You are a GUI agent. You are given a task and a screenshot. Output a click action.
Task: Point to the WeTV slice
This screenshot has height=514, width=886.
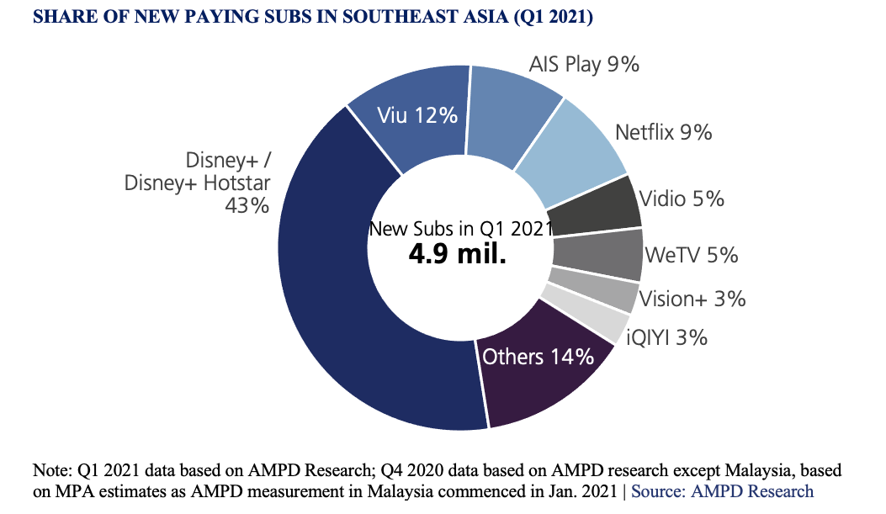597,254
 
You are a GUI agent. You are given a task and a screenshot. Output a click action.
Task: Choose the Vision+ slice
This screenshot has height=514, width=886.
593,290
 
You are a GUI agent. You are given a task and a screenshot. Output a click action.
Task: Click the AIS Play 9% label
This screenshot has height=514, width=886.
584,64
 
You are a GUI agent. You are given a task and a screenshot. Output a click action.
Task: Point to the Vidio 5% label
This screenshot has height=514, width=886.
682,199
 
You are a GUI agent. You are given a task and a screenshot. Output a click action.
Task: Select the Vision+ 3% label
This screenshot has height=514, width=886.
692,299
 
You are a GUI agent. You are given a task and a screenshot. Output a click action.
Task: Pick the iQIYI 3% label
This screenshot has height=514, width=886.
666,338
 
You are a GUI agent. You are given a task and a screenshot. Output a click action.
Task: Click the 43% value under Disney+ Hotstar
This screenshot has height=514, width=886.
247,204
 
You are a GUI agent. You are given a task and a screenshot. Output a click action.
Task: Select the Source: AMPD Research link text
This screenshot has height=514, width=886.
723,491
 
